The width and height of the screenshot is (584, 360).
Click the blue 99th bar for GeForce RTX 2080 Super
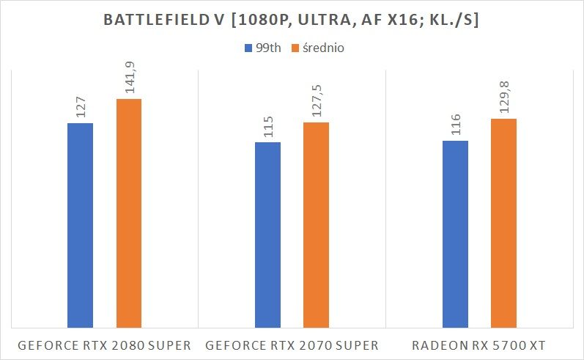81,225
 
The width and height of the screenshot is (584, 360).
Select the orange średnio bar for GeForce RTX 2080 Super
128,213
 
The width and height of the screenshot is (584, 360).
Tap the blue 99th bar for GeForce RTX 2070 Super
267,235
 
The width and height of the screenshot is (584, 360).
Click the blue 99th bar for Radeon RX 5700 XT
455,234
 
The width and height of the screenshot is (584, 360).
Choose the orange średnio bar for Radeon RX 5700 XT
503,223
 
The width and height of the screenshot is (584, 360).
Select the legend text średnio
323,49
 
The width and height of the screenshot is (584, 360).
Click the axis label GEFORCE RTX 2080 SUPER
104,345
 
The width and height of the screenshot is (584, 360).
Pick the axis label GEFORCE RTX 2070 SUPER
292,345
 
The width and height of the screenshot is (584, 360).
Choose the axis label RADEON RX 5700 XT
479,345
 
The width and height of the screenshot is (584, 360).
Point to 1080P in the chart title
275,22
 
